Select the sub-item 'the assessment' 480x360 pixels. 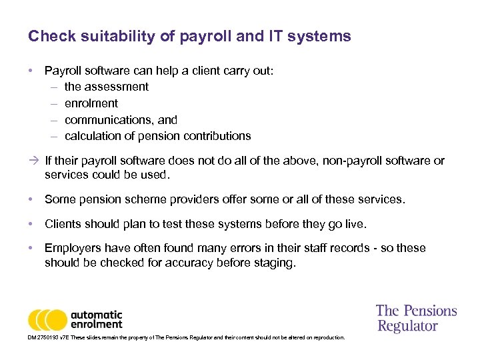pos(106,87)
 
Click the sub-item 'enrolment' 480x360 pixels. pos(91,103)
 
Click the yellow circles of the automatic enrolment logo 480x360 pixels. pos(47,320)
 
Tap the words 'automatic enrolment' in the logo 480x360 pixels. pos(97,319)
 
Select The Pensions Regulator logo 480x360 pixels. pos(417,318)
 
